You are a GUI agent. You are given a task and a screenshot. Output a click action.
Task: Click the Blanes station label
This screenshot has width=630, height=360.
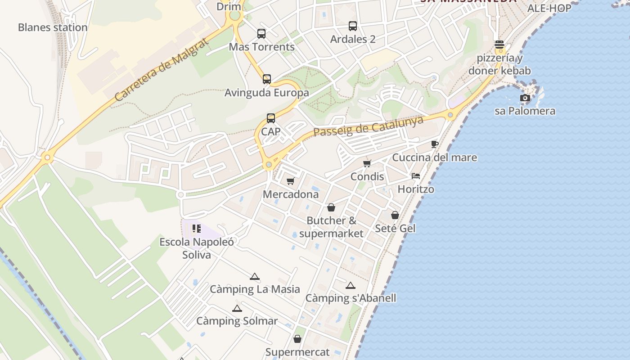click(53, 27)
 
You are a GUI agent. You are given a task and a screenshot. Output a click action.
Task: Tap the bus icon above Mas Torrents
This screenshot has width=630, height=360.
click(261, 34)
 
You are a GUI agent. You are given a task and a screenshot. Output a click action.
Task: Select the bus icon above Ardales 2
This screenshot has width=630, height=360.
click(353, 26)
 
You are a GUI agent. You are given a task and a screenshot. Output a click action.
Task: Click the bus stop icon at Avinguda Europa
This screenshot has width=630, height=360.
click(267, 79)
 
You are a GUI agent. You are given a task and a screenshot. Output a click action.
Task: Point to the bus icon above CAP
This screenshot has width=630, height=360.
click(271, 118)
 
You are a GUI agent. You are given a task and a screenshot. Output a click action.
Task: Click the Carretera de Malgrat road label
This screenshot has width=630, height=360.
click(161, 70)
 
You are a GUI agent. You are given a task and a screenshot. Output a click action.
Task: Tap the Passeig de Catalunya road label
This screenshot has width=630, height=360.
click(369, 126)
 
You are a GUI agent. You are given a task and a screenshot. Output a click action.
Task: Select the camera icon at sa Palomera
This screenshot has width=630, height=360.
click(525, 98)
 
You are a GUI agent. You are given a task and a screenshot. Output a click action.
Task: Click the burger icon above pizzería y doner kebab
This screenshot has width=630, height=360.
click(499, 45)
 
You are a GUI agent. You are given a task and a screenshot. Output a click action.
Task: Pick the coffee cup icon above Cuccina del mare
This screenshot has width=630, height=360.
click(434, 144)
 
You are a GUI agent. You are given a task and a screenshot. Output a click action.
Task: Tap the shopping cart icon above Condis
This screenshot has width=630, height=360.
click(367, 163)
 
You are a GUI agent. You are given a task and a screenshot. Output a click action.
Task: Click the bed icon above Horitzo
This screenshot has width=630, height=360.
click(416, 176)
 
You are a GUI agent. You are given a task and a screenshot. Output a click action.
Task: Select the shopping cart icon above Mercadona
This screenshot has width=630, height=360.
click(291, 181)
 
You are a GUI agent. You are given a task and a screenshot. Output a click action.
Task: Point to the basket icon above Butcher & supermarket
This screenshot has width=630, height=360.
click(331, 207)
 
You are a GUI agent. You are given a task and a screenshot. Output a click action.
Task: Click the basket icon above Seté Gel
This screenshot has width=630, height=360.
click(395, 215)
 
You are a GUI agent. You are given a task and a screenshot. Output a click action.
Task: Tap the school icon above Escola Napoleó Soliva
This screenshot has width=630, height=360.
click(197, 229)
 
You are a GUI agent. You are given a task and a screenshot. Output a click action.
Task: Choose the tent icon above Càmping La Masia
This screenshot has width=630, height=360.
click(255, 276)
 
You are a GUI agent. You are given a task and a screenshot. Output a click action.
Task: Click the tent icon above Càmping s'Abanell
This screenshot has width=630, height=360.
click(351, 285)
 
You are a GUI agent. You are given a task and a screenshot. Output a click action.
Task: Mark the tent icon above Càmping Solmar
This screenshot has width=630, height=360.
click(237, 308)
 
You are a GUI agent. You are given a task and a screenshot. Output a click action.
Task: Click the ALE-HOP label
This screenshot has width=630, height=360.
click(549, 8)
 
